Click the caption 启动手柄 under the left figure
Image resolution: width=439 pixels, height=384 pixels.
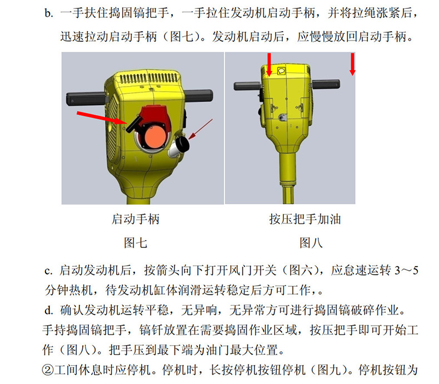[136, 219]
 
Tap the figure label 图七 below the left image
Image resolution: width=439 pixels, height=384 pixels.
[136, 243]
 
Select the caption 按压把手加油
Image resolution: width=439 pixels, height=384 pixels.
[305, 219]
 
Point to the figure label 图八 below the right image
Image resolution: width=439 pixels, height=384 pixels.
[311, 243]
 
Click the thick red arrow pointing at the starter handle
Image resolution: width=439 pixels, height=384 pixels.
[102, 118]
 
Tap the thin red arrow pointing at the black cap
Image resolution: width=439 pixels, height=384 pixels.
[201, 129]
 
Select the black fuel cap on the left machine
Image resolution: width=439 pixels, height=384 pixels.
[183, 143]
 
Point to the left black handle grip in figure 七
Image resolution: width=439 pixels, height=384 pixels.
[86, 98]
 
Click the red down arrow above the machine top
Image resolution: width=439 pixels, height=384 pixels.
[269, 64]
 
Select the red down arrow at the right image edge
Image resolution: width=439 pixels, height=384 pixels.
[352, 64]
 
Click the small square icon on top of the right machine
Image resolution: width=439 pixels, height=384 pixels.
[281, 71]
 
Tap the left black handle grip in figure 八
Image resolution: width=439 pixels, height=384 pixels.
[247, 86]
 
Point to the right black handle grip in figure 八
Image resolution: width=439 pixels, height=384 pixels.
[326, 84]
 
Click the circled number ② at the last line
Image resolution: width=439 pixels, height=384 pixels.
[48, 370]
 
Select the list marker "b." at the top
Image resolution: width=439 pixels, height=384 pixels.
[49, 13]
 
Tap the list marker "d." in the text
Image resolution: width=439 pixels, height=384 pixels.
[49, 310]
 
